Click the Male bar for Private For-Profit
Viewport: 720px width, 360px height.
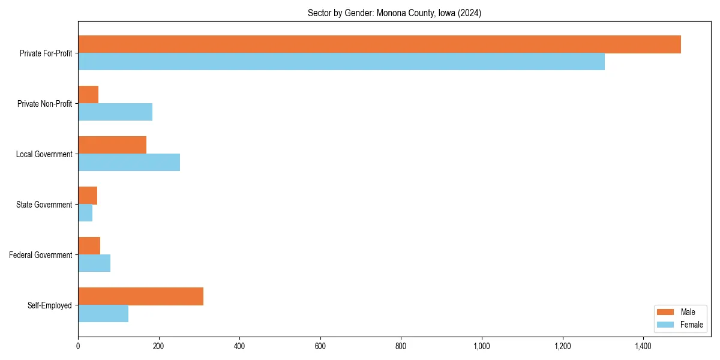pos(379,44)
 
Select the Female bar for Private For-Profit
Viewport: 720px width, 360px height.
pos(341,62)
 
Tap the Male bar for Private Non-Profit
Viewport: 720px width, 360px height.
pos(88,95)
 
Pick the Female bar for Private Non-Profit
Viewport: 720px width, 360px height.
pos(115,112)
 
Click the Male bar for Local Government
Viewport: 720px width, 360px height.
pos(112,145)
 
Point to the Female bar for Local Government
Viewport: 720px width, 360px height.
pos(129,163)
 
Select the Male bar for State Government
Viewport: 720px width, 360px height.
pos(88,196)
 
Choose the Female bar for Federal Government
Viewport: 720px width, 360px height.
pos(94,263)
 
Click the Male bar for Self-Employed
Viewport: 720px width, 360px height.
pos(140,296)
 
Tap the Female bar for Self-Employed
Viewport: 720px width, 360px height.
pos(103,314)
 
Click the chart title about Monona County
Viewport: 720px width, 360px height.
pos(394,13)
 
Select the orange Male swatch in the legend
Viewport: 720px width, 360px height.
pos(666,312)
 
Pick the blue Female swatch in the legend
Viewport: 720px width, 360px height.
pos(666,325)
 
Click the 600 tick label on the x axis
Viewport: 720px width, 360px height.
pos(320,346)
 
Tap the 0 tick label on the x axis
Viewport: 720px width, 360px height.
pos(78,346)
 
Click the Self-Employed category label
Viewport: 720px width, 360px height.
pos(50,305)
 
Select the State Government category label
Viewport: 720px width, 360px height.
pos(44,205)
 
